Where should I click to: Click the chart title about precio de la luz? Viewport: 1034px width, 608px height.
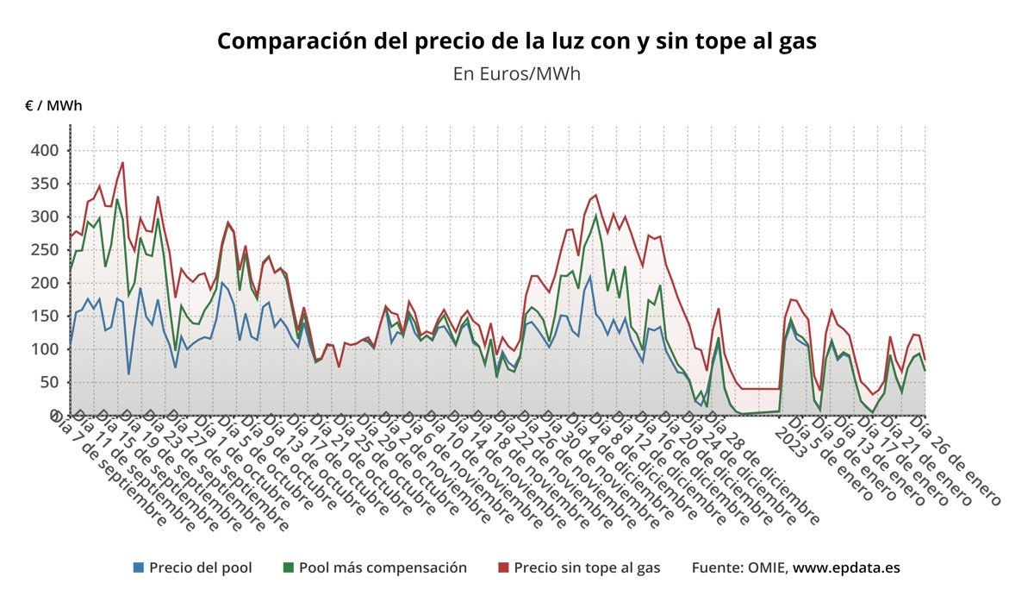pos(516,41)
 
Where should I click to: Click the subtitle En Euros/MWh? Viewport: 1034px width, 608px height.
pos(516,73)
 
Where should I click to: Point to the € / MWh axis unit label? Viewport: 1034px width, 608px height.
pos(54,106)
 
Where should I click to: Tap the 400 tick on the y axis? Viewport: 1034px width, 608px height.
pos(45,151)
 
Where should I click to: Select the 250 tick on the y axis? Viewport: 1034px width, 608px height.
pos(45,217)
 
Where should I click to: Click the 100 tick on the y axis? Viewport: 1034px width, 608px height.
pos(45,349)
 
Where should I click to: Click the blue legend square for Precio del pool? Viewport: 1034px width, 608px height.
pos(139,567)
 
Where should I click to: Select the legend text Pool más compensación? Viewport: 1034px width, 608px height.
pos(383,567)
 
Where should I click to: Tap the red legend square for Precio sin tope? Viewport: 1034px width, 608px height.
pos(503,567)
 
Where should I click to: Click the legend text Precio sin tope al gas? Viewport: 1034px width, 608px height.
pos(587,567)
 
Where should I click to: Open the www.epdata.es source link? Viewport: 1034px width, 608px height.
pos(846,567)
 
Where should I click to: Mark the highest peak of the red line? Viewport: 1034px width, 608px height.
pos(122,162)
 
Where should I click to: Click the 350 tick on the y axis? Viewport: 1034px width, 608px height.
pos(45,184)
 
